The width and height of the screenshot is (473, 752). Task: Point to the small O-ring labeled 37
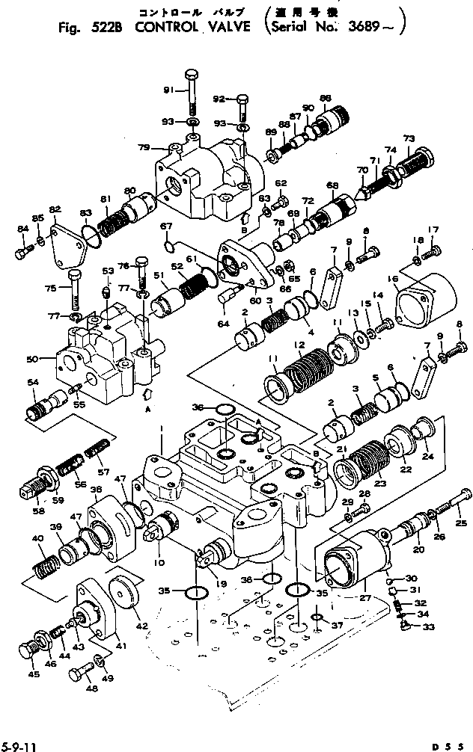coord(317,617)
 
